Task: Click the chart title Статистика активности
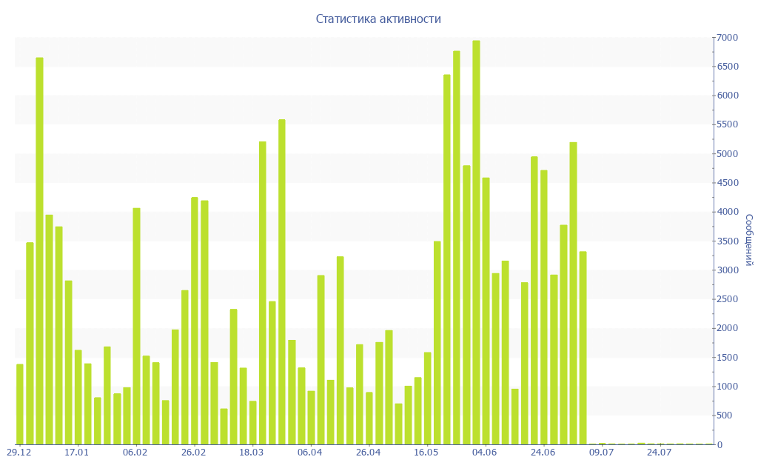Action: pos(378,19)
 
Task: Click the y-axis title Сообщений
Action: pos(748,240)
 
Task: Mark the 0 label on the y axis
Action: pos(720,444)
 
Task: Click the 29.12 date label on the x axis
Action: pos(19,453)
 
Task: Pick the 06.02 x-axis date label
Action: pos(135,453)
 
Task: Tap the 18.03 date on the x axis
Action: pos(252,453)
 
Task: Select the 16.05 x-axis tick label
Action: pos(426,453)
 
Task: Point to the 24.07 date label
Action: pos(659,453)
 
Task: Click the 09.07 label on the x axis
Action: pos(601,453)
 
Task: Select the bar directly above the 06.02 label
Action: pos(136,326)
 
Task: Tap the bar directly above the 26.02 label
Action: pos(195,321)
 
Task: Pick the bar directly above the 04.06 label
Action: pos(486,311)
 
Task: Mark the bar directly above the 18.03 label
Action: pos(252,422)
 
